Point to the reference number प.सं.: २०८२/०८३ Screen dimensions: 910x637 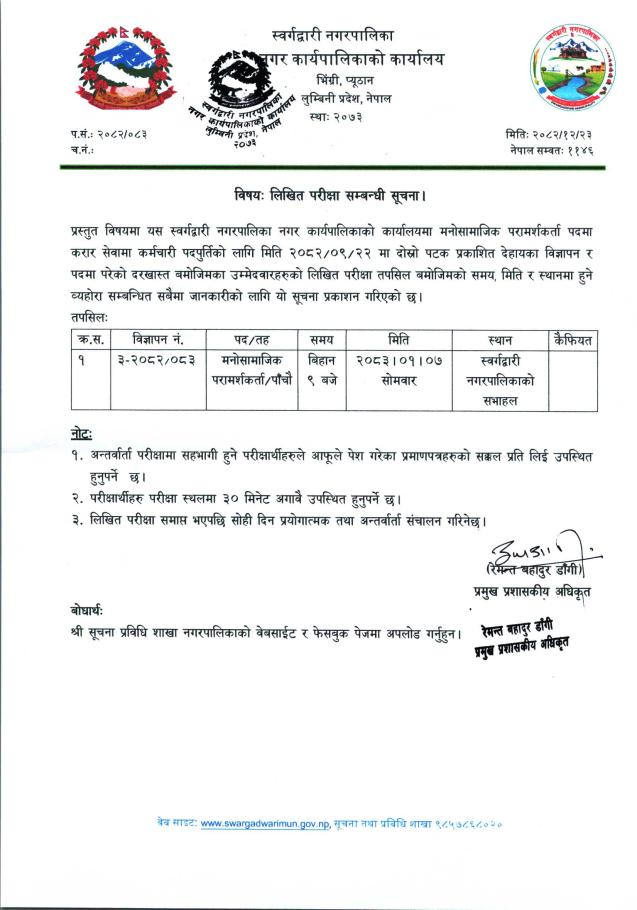(x=109, y=133)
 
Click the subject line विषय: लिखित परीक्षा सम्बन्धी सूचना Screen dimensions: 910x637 (x=318, y=194)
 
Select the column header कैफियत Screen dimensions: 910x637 (x=572, y=340)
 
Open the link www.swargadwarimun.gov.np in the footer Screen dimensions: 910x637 (x=265, y=822)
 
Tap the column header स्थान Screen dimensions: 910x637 (x=500, y=340)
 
